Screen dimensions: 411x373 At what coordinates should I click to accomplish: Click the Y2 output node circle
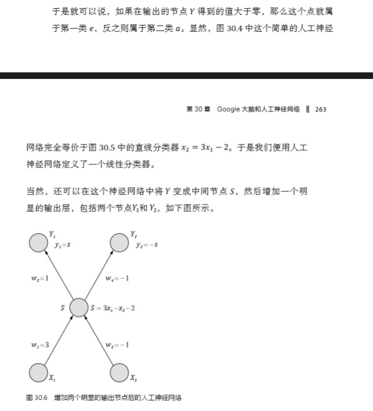tap(119, 242)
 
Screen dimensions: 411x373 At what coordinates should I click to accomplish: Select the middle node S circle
tap(79, 307)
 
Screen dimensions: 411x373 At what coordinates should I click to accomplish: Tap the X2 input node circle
tap(119, 372)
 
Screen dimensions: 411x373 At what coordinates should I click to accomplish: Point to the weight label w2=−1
tap(117, 344)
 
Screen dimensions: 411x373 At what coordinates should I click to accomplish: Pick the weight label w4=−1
tap(117, 277)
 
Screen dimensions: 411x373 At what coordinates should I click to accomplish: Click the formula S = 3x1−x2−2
tap(113, 308)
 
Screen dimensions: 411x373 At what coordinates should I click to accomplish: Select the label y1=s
tap(62, 245)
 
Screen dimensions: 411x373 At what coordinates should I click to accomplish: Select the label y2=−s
tap(147, 245)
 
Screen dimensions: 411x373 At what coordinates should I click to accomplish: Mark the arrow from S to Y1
tap(60, 275)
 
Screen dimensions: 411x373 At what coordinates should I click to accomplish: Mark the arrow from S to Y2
tap(98, 275)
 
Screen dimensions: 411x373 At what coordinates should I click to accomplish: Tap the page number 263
tap(321, 109)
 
